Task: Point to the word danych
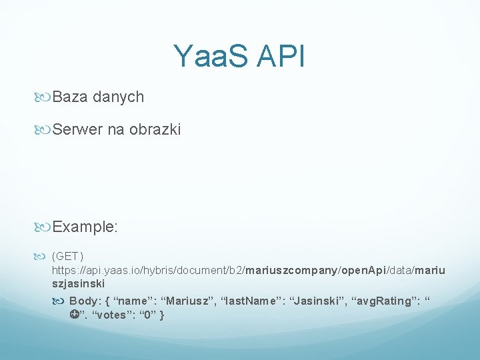click(x=119, y=97)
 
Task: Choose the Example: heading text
click(x=85, y=227)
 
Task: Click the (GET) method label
click(x=68, y=255)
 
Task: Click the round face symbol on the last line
click(x=73, y=315)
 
